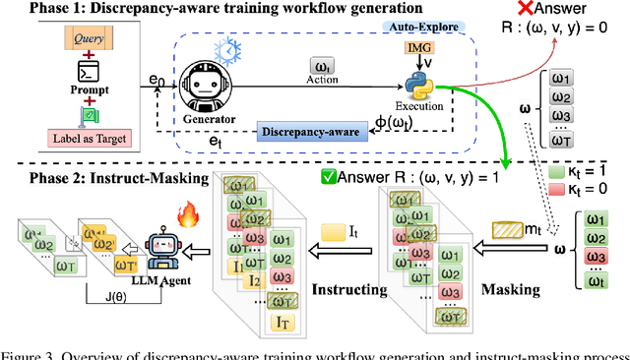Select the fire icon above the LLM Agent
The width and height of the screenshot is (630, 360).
[184, 215]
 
